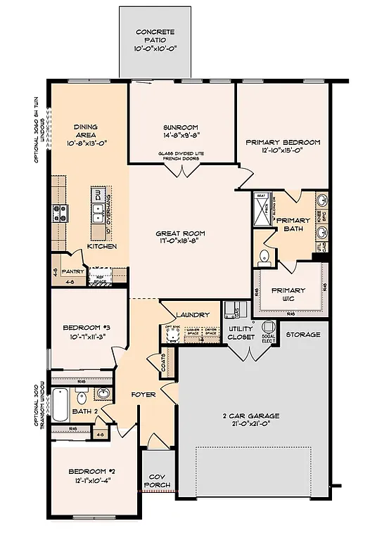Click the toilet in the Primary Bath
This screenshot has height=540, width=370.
(265, 256)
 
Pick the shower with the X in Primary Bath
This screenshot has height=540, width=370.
(262, 208)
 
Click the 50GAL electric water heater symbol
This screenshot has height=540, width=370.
(269, 329)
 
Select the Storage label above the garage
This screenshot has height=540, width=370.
(302, 335)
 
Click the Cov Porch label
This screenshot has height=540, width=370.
(157, 481)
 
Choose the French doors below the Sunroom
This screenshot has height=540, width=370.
(182, 170)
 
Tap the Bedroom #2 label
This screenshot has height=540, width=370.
(91, 475)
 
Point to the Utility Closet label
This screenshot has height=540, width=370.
(241, 333)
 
